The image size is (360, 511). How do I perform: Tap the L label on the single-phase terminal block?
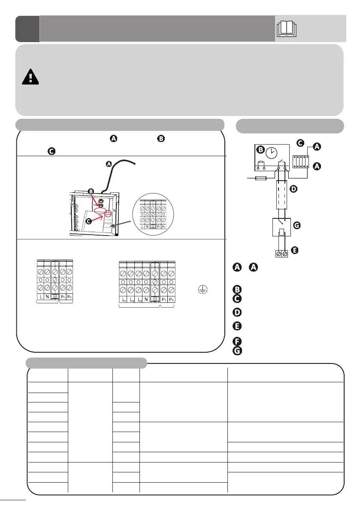pos(40,297)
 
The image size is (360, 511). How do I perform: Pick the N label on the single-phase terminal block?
pos(47,297)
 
